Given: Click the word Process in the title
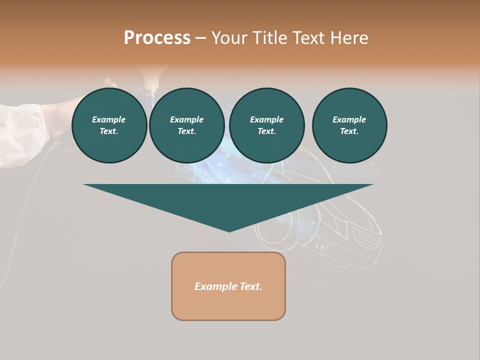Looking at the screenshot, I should pos(157,38).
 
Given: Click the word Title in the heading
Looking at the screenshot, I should pos(268,38).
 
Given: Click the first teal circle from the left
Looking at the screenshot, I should pos(109,125).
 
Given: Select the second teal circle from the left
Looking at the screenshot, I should pos(187,125).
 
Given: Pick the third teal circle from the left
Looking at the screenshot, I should pos(267,125).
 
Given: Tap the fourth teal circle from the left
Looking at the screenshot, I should pos(349,125).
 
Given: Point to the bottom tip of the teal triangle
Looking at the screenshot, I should pos(229,231).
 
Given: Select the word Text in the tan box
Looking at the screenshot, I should pos(251,286).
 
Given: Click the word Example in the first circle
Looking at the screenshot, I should pos(109,119).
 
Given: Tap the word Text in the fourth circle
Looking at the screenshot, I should pos(349,131).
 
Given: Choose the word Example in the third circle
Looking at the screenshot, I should pos(266,119).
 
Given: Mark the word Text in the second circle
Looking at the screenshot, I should pos(186,131).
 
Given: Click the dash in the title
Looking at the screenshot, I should pos(201,38).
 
